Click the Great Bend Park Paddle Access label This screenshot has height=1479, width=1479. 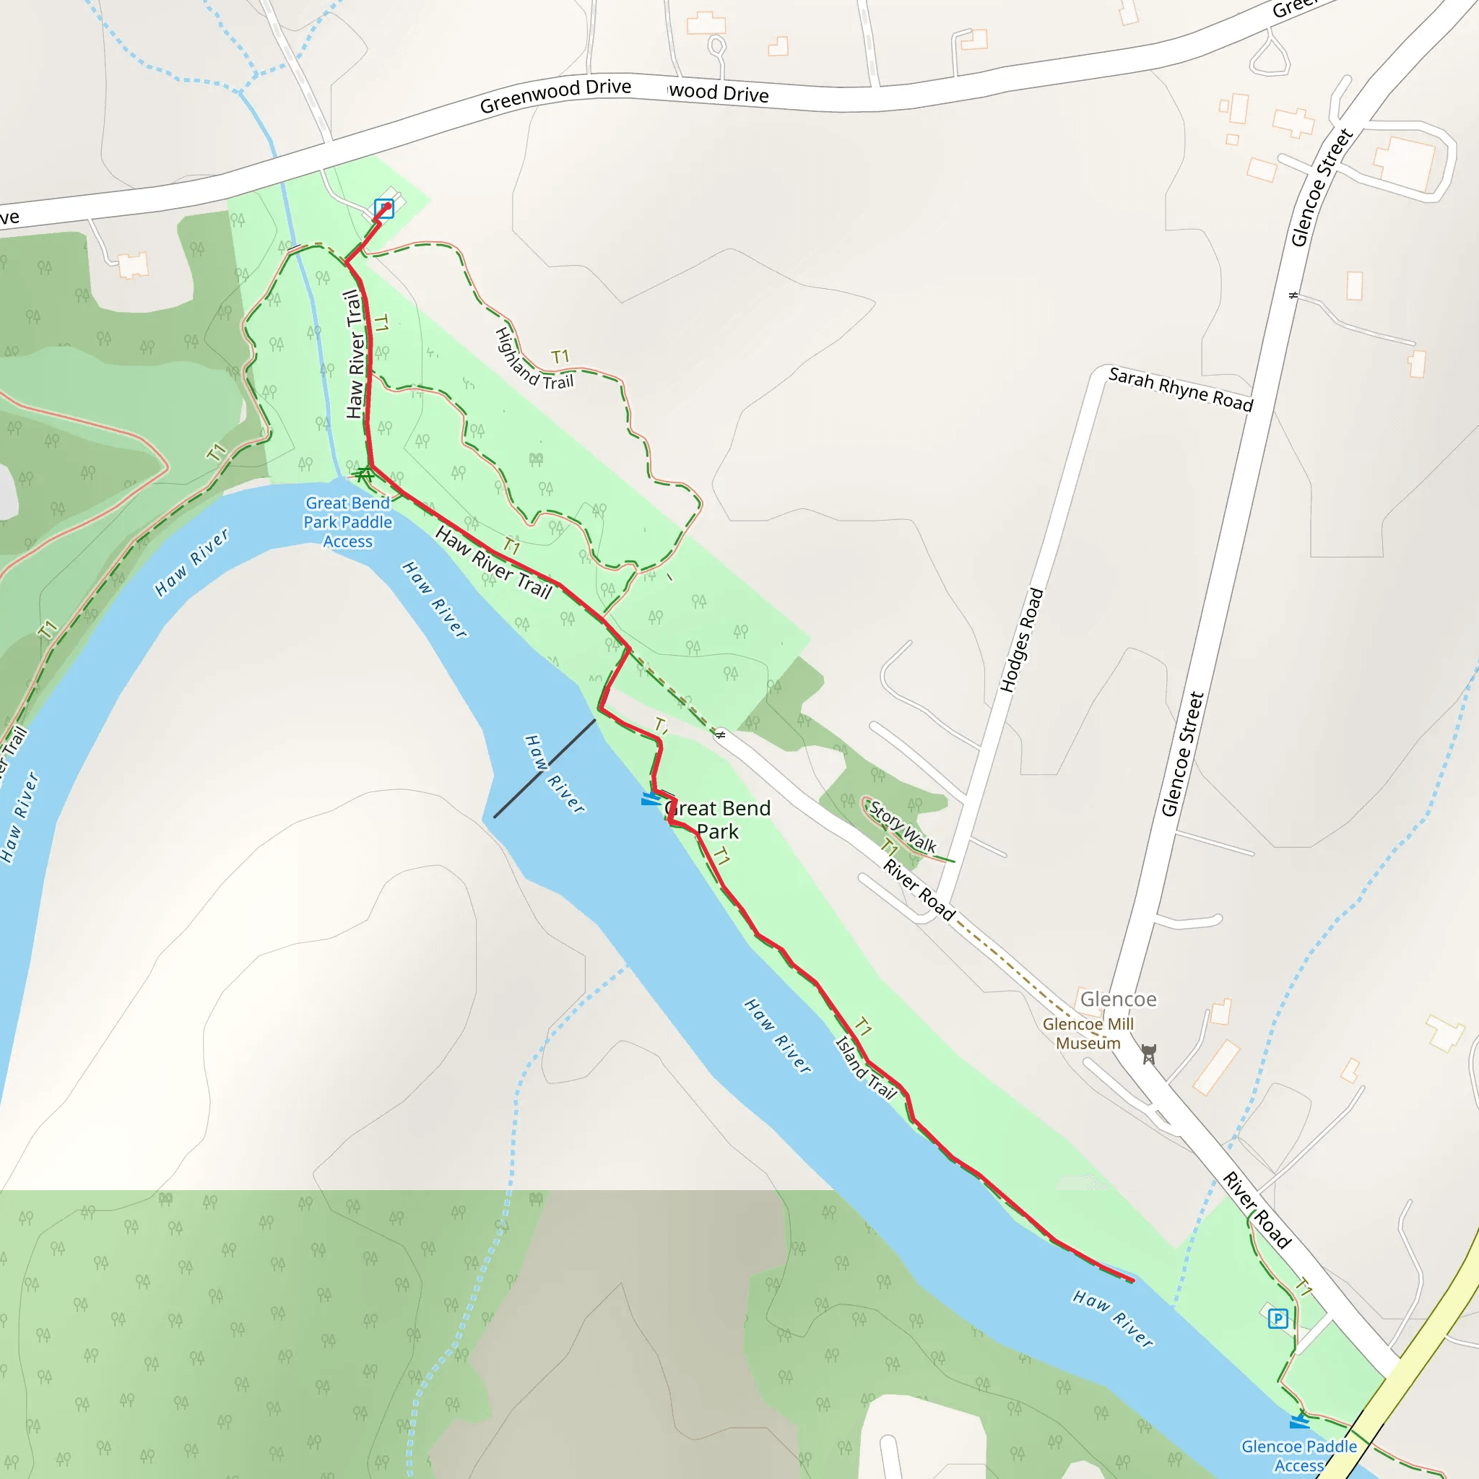pyautogui.click(x=347, y=522)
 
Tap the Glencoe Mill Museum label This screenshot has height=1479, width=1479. pyautogui.click(x=1088, y=1033)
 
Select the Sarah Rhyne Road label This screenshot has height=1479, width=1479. pyautogui.click(x=1181, y=390)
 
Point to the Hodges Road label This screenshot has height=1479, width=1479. pyautogui.click(x=1022, y=640)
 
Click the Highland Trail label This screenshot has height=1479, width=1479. pyautogui.click(x=534, y=360)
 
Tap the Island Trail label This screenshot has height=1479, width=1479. pyautogui.click(x=865, y=1068)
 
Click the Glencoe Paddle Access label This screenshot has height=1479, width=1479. pyautogui.click(x=1299, y=1455)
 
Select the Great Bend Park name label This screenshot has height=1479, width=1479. pyautogui.click(x=718, y=819)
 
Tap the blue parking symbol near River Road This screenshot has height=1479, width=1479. pyautogui.click(x=1278, y=1318)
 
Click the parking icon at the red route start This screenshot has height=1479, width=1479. pyautogui.click(x=384, y=208)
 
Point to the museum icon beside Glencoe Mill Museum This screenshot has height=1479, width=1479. pyautogui.click(x=1148, y=1054)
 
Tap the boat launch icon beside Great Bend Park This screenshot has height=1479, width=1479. pyautogui.click(x=651, y=799)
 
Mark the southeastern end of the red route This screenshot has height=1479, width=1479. pyautogui.click(x=1132, y=1280)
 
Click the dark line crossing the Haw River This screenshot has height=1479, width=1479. pyautogui.click(x=545, y=768)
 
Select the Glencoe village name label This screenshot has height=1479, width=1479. pyautogui.click(x=1119, y=999)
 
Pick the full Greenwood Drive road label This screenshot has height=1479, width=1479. pyautogui.click(x=555, y=97)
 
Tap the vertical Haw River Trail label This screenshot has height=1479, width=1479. pyautogui.click(x=355, y=355)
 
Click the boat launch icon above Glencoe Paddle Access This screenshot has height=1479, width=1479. pyautogui.click(x=1299, y=1421)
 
